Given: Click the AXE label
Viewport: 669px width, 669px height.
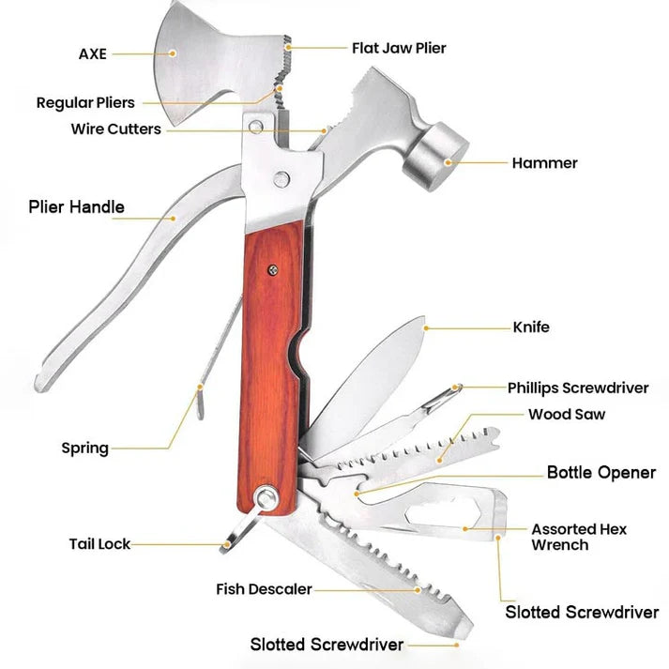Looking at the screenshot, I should (x=93, y=53).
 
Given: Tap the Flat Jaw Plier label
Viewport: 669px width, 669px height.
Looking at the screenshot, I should (x=399, y=47).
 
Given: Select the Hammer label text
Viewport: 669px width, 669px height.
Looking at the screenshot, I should (x=544, y=163).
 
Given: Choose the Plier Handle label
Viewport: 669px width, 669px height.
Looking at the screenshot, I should (x=76, y=207).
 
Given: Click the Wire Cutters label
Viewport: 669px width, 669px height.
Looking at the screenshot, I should (x=115, y=129).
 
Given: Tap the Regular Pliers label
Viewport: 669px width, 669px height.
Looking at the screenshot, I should (x=85, y=102).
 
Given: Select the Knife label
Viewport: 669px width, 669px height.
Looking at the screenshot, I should (x=531, y=327).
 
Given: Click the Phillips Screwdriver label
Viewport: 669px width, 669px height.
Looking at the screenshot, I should (x=578, y=388).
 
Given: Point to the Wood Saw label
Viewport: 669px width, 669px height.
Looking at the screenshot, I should (x=567, y=414).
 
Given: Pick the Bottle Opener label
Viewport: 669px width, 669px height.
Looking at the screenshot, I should (x=601, y=472).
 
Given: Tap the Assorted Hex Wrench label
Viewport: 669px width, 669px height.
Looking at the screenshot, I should (x=578, y=537).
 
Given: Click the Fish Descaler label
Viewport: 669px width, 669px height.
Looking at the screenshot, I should (x=264, y=589).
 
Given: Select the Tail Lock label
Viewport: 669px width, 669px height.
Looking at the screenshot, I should (x=99, y=543).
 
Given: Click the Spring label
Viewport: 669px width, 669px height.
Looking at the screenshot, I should (x=84, y=448).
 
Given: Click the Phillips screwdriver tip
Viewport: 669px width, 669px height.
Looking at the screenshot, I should (x=455, y=388).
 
